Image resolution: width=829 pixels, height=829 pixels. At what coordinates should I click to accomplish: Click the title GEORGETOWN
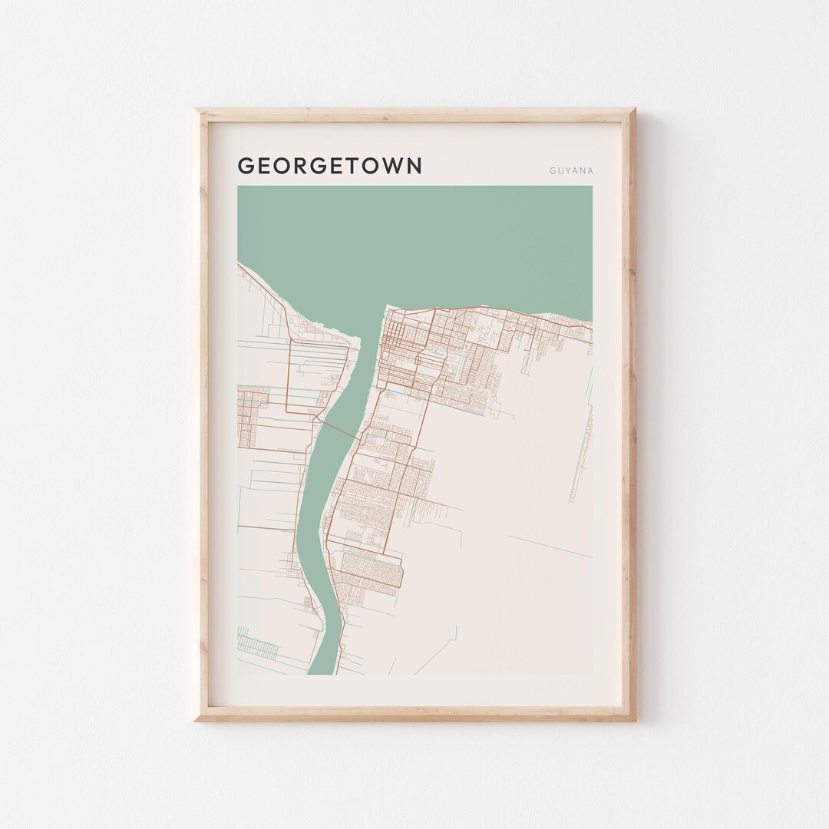pos(330,166)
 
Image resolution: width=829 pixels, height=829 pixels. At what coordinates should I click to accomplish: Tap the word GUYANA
pos(570,171)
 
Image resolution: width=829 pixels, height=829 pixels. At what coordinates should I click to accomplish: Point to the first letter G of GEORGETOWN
pos(246,166)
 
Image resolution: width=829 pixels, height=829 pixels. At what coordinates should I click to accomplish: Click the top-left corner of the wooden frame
pos(197,110)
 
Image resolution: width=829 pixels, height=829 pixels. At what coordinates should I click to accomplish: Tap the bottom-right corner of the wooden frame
pos(634,719)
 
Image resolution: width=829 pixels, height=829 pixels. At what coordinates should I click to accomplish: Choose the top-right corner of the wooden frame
pos(634,110)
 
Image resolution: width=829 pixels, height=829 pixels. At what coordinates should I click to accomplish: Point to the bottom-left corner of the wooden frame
pos(197,719)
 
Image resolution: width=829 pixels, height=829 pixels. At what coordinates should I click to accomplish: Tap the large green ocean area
pos(430,238)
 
